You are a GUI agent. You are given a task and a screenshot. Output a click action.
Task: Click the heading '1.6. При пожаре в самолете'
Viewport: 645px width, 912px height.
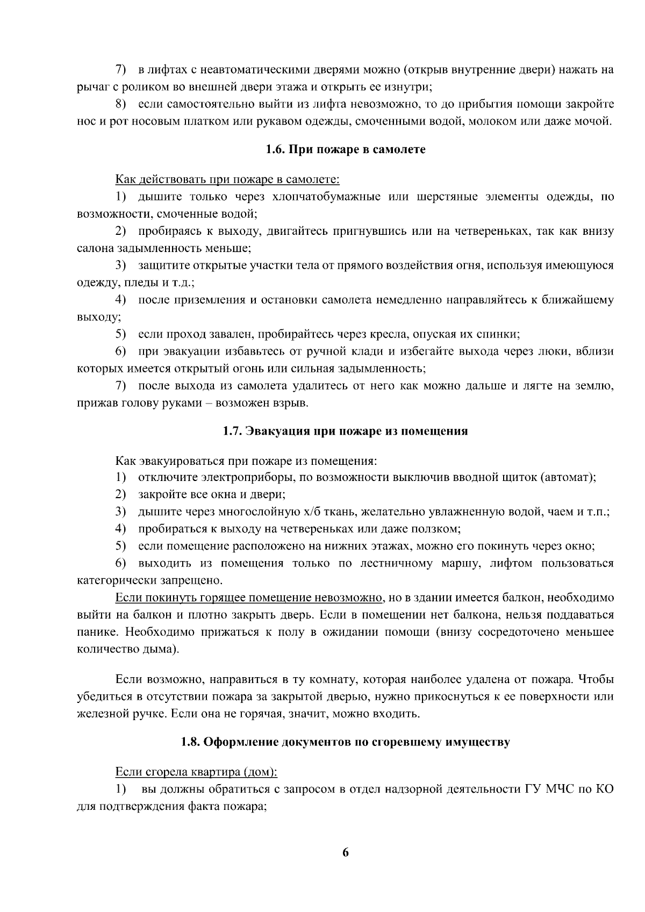[345, 149]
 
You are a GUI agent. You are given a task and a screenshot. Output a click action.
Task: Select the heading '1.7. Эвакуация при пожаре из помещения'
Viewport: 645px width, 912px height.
[345, 431]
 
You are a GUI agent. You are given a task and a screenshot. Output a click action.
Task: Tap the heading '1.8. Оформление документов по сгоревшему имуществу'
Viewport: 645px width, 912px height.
[345, 742]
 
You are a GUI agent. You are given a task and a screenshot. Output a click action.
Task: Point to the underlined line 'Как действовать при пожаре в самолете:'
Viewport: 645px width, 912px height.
[227, 179]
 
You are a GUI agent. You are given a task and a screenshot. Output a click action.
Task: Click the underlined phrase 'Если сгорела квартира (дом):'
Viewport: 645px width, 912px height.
[196, 772]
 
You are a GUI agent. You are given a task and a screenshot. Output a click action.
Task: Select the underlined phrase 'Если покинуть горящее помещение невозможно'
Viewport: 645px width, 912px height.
[248, 598]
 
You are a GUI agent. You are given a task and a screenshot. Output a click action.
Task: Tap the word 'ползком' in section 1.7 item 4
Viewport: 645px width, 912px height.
[440, 529]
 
